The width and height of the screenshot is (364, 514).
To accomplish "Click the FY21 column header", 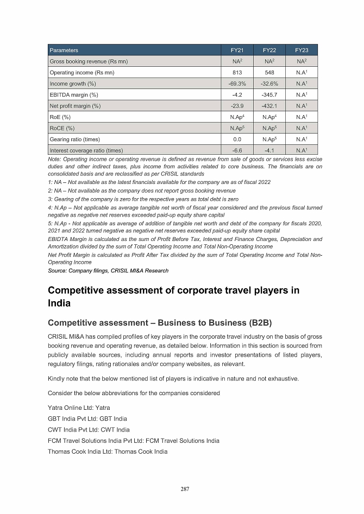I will coord(237,50).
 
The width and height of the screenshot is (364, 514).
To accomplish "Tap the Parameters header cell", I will coord(64,50).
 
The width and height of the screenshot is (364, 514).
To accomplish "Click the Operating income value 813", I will coord(237,72).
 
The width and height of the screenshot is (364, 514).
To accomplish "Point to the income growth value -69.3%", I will coord(237,84).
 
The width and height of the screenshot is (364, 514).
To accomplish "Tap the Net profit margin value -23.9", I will coord(237,106).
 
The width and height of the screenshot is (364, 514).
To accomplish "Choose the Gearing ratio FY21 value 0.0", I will coord(237,139).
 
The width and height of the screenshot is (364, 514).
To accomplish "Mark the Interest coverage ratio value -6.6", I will coord(237,150).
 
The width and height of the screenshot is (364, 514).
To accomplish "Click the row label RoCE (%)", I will coord(62,128).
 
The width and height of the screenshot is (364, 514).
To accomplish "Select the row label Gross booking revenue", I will coord(89,61).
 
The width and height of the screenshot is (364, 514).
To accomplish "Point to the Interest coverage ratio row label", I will coord(86,150).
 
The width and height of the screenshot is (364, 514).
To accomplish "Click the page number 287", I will coord(185,489).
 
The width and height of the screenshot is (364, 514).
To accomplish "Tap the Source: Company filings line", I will coord(108,270).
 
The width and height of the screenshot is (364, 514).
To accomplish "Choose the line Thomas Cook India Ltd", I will coord(108,452).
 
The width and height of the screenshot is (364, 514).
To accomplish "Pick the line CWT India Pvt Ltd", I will coord(89,430).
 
